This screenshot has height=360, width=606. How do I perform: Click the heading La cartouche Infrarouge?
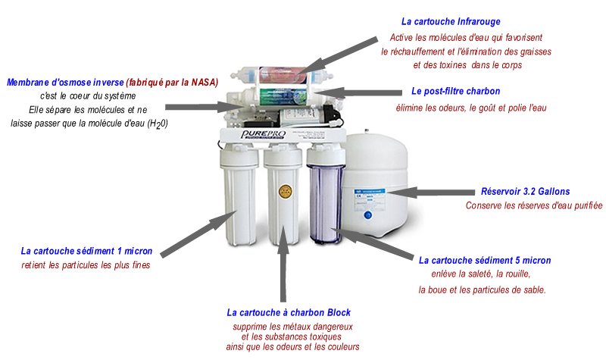tap(451, 22)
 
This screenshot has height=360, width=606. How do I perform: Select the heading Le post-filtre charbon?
tap(456, 91)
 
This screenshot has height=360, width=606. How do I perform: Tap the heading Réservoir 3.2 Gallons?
tap(525, 192)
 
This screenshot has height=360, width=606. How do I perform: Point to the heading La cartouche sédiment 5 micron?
tap(485, 260)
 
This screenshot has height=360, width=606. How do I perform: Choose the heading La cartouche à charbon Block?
tap(289, 312)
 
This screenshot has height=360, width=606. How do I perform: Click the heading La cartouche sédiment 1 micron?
tap(86, 251)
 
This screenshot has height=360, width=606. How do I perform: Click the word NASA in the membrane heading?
tap(205, 83)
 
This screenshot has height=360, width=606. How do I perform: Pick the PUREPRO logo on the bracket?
tap(263, 135)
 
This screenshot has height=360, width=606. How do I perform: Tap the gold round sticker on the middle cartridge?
tap(286, 192)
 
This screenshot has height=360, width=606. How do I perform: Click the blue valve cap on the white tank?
tap(368, 215)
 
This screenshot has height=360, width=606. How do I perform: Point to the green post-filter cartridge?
tap(283, 97)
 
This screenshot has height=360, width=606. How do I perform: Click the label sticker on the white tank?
tap(370, 196)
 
